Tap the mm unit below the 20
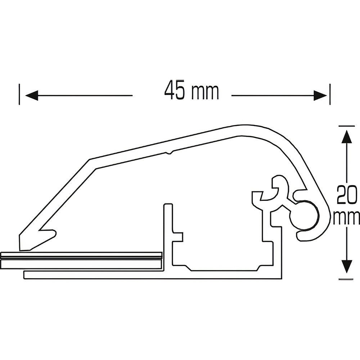click(x=347, y=217)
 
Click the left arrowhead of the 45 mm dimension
click(x=32, y=95)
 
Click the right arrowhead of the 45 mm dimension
click(x=320, y=95)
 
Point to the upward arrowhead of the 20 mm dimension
click(x=346, y=137)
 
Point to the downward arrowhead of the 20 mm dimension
click(x=346, y=266)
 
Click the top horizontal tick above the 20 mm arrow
click(x=346, y=126)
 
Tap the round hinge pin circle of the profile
click(x=305, y=216)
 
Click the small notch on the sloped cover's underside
click(x=169, y=153)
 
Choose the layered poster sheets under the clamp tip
click(x=83, y=260)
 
